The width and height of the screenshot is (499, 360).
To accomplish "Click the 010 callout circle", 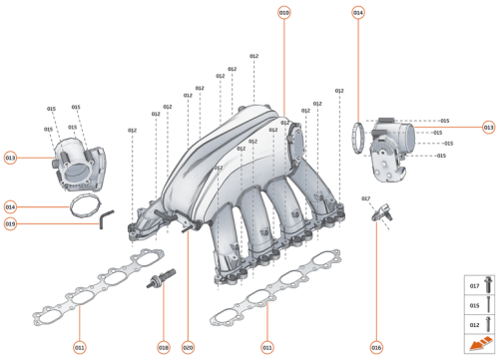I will pyautogui.click(x=283, y=13).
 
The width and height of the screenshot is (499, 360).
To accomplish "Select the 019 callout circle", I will pyautogui.click(x=10, y=223).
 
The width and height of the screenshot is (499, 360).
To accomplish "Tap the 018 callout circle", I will pyautogui.click(x=162, y=347).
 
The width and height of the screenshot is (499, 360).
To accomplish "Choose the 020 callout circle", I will pyautogui.click(x=188, y=347).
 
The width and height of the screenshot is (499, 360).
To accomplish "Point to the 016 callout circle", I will pyautogui.click(x=376, y=347).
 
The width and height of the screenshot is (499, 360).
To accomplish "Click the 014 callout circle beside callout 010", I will pyautogui.click(x=358, y=13).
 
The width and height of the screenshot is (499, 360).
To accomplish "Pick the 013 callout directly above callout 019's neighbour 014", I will pyautogui.click(x=10, y=158).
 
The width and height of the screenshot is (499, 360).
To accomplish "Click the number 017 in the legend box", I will pyautogui.click(x=474, y=286).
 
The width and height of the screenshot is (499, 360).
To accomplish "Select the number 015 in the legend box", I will pyautogui.click(x=474, y=305).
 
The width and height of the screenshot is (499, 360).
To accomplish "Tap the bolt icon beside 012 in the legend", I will pyautogui.click(x=488, y=323).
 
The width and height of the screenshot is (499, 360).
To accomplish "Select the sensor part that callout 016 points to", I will pyautogui.click(x=380, y=213).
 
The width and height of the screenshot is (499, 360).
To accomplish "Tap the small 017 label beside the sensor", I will pyautogui.click(x=365, y=198).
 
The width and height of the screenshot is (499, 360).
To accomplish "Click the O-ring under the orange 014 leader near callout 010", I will pyautogui.click(x=360, y=136).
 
